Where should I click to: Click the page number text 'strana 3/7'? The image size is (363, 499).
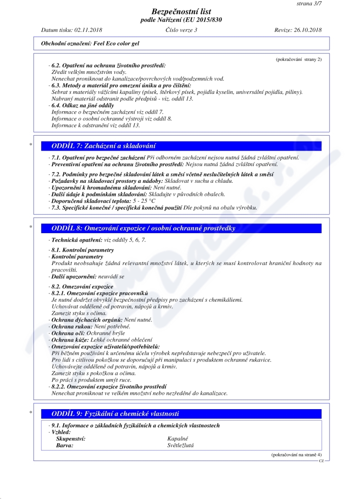(309, 3)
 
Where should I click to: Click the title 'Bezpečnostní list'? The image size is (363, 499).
(181, 11)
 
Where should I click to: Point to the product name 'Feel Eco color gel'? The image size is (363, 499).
(115, 44)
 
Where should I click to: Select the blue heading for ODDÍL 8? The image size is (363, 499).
(144, 228)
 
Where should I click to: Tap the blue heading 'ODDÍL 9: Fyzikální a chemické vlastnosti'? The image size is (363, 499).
(116, 414)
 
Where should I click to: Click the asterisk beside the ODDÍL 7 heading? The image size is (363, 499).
(30, 146)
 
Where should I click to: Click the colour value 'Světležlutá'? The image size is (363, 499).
(181, 445)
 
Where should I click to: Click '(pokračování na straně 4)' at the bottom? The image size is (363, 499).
(296, 454)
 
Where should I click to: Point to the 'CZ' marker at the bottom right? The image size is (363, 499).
(321, 460)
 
